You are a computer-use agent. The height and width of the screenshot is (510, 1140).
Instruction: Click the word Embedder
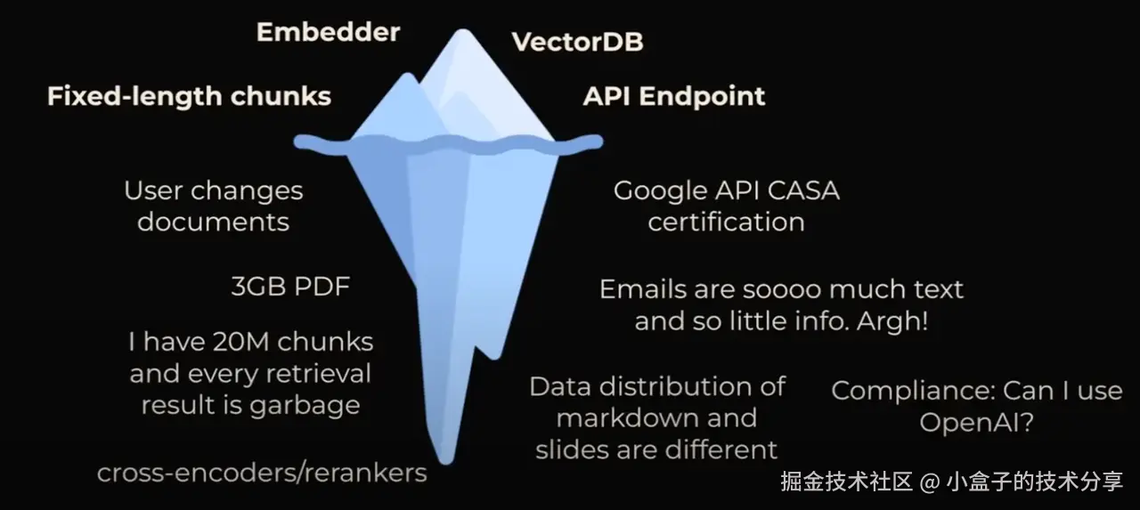pyautogui.click(x=328, y=33)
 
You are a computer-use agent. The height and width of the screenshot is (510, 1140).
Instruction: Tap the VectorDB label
pyautogui.click(x=577, y=42)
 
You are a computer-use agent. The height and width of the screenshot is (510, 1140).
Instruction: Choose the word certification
pyautogui.click(x=726, y=222)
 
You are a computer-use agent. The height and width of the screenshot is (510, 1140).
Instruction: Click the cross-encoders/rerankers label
pyautogui.click(x=262, y=473)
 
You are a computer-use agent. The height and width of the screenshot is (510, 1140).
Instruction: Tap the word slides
pyautogui.click(x=568, y=449)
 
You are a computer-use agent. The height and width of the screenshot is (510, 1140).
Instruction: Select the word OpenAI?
pyautogui.click(x=976, y=422)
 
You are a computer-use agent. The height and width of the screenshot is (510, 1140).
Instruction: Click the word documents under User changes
pyautogui.click(x=213, y=222)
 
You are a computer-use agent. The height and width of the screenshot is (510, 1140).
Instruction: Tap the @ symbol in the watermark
pyautogui.click(x=930, y=482)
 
